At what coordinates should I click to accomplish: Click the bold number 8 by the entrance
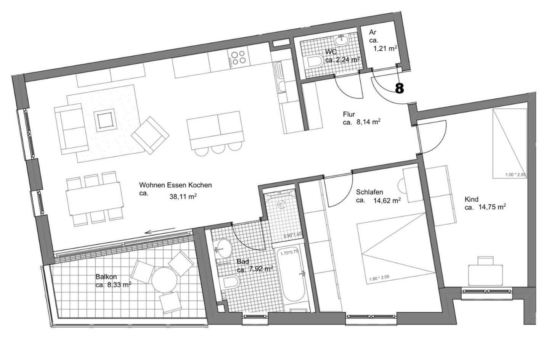399,88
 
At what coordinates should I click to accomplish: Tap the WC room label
330,51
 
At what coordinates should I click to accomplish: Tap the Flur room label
349,114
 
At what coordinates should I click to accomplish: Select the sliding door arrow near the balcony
160,231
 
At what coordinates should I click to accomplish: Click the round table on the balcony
164,279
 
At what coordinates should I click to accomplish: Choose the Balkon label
106,277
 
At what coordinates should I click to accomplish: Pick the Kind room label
471,199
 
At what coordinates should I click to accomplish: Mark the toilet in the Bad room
230,282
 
